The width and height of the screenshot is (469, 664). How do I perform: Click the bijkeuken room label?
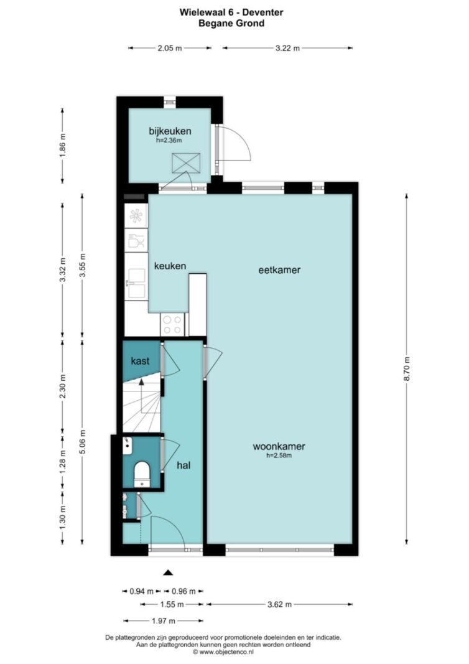[x=170, y=131]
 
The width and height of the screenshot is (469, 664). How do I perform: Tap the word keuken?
[x=170, y=266]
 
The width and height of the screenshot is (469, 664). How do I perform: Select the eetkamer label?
[x=279, y=269]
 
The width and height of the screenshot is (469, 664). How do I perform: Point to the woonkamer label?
[x=279, y=446]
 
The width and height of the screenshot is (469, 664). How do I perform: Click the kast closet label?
[x=140, y=361]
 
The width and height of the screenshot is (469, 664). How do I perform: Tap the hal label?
[x=183, y=465]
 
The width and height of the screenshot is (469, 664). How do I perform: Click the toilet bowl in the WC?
[x=142, y=472]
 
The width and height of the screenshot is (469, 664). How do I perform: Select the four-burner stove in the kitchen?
[x=172, y=324]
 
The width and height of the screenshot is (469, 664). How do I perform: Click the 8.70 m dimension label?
[x=407, y=369]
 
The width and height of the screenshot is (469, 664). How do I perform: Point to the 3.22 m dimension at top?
[x=287, y=49]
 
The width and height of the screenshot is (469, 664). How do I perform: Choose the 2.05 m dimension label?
[x=170, y=49]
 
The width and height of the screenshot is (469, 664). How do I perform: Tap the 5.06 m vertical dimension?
[x=83, y=442]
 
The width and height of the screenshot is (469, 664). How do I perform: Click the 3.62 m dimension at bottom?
[x=279, y=604]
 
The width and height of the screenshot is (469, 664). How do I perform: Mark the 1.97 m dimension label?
[x=164, y=621]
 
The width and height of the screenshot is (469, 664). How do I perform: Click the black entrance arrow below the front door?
[x=169, y=573]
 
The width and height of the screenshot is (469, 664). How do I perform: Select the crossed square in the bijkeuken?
[x=186, y=163]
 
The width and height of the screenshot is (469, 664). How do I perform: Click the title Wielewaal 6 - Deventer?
[x=231, y=12]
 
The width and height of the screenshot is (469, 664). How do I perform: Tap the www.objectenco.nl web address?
[x=226, y=652]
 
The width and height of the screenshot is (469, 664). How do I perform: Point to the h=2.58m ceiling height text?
[x=279, y=456]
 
